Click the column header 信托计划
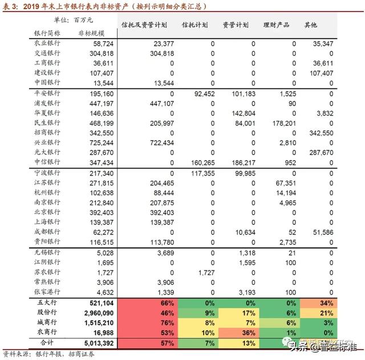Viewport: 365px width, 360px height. [x=194, y=26]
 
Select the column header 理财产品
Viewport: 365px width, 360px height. [x=276, y=26]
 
